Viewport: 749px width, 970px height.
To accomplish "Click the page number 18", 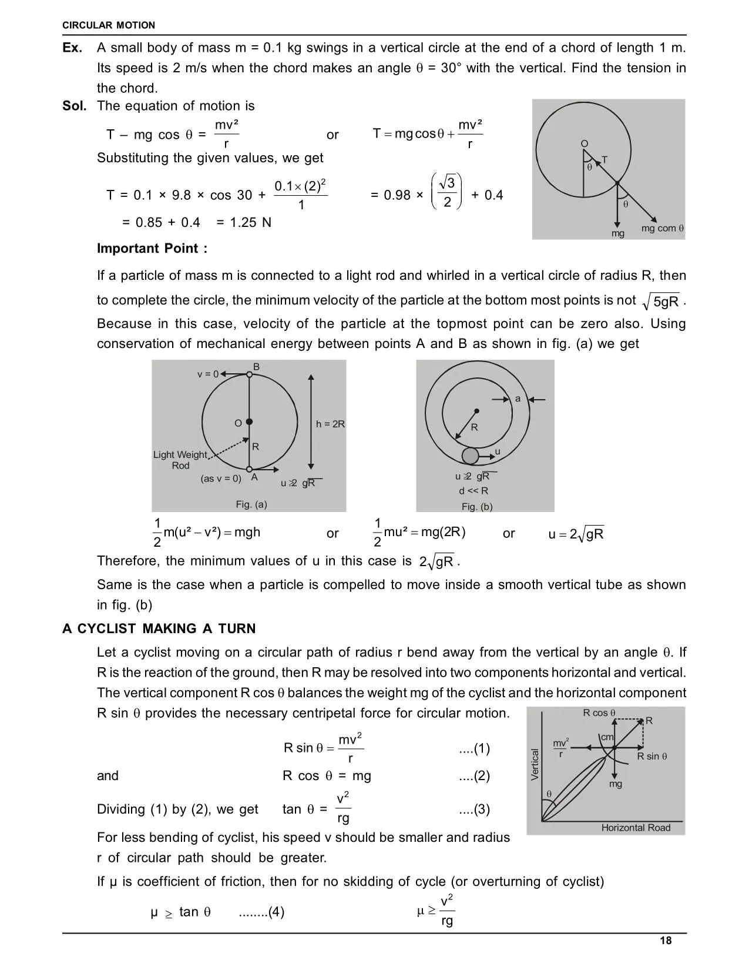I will pyautogui.click(x=666, y=941).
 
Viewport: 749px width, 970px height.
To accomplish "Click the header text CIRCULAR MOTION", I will pyautogui.click(x=109, y=25).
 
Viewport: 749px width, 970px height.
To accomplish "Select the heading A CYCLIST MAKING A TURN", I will pyautogui.click(x=159, y=628).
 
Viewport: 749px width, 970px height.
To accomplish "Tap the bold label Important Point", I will pyautogui.click(x=152, y=248).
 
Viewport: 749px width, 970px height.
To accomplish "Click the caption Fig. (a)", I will pyautogui.click(x=251, y=504).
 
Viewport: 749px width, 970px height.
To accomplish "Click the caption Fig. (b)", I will pyautogui.click(x=477, y=506).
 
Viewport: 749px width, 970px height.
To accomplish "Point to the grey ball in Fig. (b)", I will pyautogui.click(x=470, y=456).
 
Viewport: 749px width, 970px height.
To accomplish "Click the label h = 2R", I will pyautogui.click(x=330, y=424).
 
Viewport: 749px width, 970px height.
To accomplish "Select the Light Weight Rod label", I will pyautogui.click(x=180, y=460).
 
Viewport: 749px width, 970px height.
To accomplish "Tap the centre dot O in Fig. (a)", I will pyautogui.click(x=249, y=422).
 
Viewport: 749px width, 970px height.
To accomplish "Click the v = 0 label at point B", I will pyautogui.click(x=207, y=374).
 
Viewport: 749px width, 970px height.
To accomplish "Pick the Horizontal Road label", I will pyautogui.click(x=636, y=828).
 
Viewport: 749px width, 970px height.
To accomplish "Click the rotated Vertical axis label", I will pyautogui.click(x=535, y=764).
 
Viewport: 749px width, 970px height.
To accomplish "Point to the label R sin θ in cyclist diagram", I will pyautogui.click(x=652, y=757).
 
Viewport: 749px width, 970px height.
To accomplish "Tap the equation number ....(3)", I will pyautogui.click(x=474, y=810).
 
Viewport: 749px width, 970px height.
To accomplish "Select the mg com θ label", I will pyautogui.click(x=663, y=228).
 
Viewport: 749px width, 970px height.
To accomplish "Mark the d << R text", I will pyautogui.click(x=473, y=491).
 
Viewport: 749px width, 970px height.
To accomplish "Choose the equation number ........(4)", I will pyautogui.click(x=261, y=912).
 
